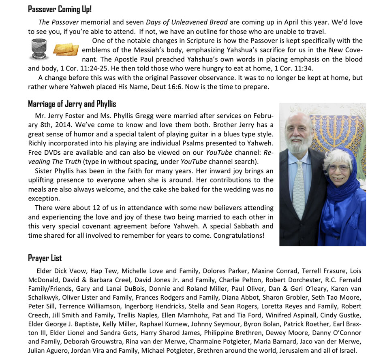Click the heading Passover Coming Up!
point(60,9)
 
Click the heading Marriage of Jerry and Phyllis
point(72,104)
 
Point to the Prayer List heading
point(45,258)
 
